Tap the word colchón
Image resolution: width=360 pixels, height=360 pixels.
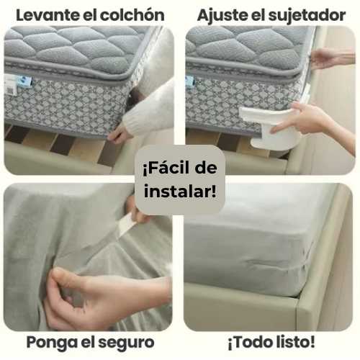[x=132, y=15]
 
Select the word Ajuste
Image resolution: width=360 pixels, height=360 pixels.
[x=222, y=16]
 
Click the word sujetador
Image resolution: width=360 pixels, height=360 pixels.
[x=307, y=16]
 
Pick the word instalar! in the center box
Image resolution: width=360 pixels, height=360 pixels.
[x=180, y=192]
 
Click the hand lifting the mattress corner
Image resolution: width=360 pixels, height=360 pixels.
[x=119, y=135]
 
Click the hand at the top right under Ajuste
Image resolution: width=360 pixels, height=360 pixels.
[x=333, y=59]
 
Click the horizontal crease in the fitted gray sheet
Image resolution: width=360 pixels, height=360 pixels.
[x=268, y=264]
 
